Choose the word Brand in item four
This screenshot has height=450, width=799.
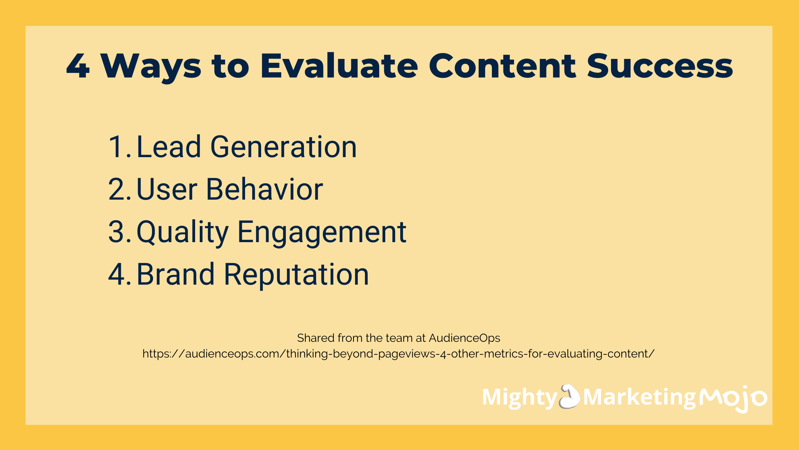click(x=175, y=274)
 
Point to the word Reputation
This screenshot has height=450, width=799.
click(x=296, y=276)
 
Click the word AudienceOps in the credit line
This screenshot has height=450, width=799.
click(x=464, y=338)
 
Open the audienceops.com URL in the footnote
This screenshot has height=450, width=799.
click(x=398, y=354)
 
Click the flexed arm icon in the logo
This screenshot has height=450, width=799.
click(x=570, y=396)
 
